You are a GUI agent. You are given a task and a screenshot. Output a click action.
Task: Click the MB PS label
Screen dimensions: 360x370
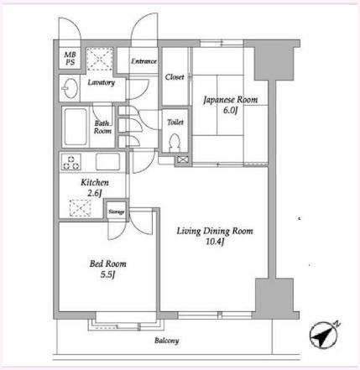click(x=70, y=58)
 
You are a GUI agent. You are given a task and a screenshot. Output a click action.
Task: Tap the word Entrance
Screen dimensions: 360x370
click(x=143, y=61)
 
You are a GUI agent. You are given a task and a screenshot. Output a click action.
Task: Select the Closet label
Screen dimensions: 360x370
click(x=175, y=77)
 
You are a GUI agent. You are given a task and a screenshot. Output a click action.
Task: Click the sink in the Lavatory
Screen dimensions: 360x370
click(x=70, y=88)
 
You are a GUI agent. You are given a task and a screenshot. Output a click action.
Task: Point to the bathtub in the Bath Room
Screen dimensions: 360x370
click(x=76, y=127)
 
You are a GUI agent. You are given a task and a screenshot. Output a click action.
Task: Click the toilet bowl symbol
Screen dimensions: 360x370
click(x=175, y=143)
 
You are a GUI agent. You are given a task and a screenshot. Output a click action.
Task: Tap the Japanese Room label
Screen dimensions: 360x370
click(x=231, y=100)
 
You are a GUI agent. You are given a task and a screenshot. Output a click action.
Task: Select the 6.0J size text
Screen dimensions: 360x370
click(x=230, y=110)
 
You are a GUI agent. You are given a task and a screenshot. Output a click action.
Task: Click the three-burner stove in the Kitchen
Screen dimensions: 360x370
click(x=71, y=162)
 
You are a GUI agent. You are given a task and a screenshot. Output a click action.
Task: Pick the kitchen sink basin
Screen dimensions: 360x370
click(x=107, y=162)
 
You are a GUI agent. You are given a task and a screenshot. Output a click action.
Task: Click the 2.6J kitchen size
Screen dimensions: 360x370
click(x=94, y=193)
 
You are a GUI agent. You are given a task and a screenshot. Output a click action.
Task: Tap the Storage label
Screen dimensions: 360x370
click(x=117, y=211)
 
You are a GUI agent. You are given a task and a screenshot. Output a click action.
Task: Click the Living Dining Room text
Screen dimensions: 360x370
click(x=215, y=232)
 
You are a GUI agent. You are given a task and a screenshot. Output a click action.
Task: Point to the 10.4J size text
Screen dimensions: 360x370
click(x=215, y=242)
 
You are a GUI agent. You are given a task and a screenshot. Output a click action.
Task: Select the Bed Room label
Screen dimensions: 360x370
click(x=108, y=263)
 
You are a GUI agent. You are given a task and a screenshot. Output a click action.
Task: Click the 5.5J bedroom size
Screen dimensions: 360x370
click(x=108, y=274)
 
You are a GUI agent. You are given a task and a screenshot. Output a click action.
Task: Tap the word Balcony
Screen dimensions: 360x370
click(x=167, y=341)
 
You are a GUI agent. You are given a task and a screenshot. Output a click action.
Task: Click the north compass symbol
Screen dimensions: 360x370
click(x=324, y=335)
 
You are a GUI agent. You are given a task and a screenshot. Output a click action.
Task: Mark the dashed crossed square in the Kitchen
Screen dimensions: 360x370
click(x=81, y=208)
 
